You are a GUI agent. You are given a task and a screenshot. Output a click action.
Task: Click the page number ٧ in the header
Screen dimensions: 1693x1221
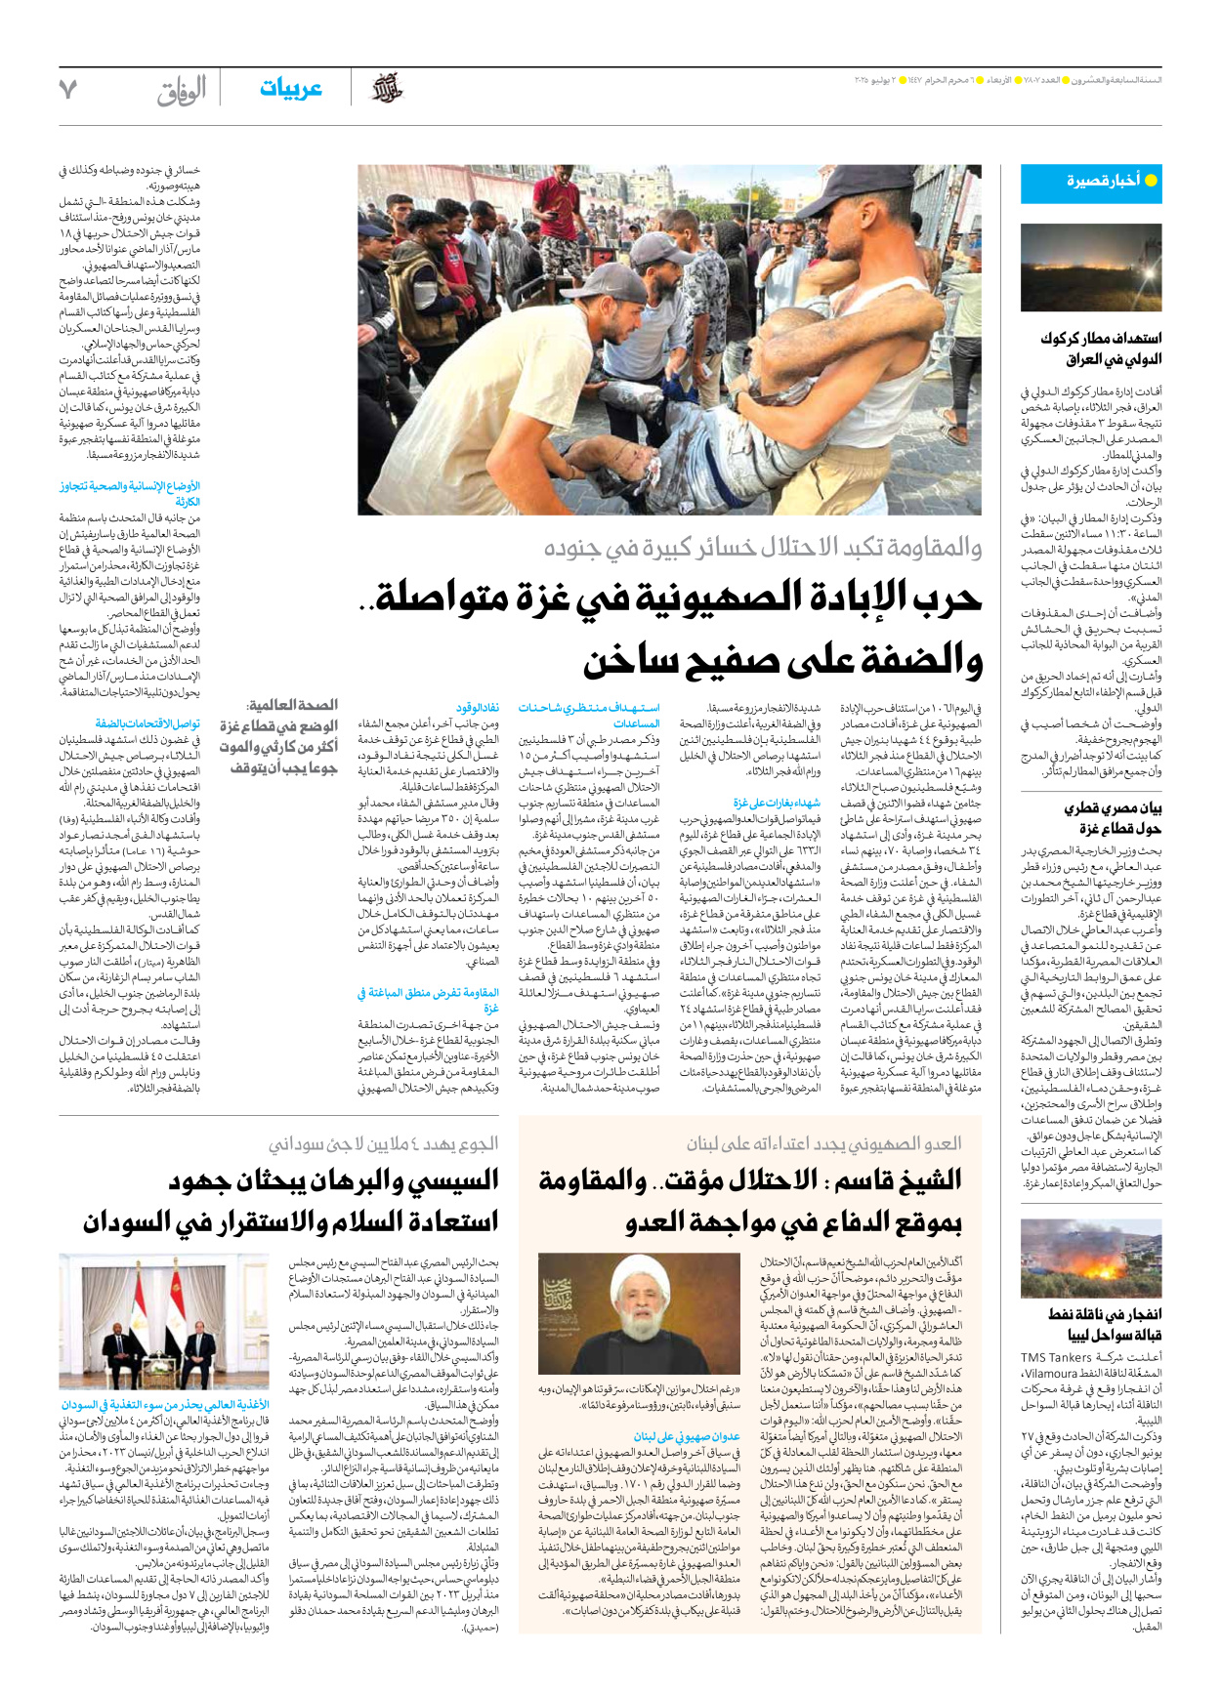67,89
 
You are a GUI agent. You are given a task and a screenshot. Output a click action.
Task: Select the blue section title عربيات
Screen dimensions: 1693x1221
290,89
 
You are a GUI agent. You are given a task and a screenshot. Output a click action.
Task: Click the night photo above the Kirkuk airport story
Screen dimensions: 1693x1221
1090,267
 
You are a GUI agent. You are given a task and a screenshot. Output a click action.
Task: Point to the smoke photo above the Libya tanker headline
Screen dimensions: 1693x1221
1090,1257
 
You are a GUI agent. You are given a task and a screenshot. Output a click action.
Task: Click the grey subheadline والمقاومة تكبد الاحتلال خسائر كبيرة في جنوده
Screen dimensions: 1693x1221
763,548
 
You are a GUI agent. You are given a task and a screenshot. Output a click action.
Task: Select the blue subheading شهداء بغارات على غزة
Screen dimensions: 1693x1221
778,803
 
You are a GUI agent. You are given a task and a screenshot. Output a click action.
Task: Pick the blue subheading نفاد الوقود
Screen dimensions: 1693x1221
478,708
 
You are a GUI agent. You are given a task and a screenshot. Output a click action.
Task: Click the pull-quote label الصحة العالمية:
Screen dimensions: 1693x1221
293,704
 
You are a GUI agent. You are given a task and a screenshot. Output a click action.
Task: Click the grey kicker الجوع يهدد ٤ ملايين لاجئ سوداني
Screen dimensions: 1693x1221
384,1142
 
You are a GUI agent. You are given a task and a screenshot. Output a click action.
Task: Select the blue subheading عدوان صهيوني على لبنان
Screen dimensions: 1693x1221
687,1437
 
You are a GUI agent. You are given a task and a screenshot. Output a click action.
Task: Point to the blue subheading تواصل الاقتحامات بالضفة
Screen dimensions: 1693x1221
147,723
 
